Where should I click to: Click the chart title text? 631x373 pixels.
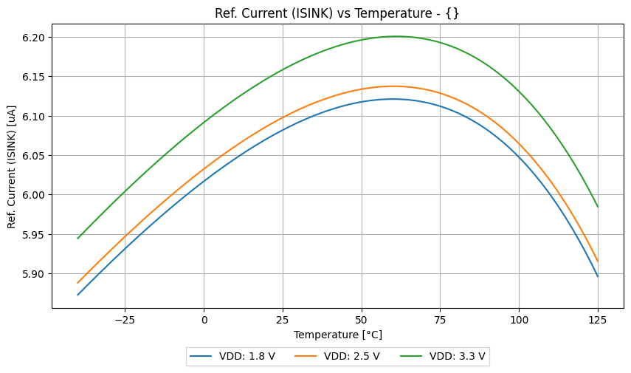coord(337,13)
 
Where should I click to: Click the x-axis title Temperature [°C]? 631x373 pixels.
coord(337,335)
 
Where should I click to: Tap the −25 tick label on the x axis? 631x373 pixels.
coord(125,319)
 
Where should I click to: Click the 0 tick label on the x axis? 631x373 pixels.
coord(204,319)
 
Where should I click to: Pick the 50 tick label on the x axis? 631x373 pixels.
coord(362,319)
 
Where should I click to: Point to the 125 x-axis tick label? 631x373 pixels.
coord(598,319)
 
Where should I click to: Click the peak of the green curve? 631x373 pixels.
coord(396,36)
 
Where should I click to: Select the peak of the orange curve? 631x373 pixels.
coord(393,86)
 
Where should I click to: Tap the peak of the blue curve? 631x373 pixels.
coord(392,99)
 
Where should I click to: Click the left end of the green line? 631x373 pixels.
coord(77,239)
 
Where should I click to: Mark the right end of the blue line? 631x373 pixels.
coord(598,276)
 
